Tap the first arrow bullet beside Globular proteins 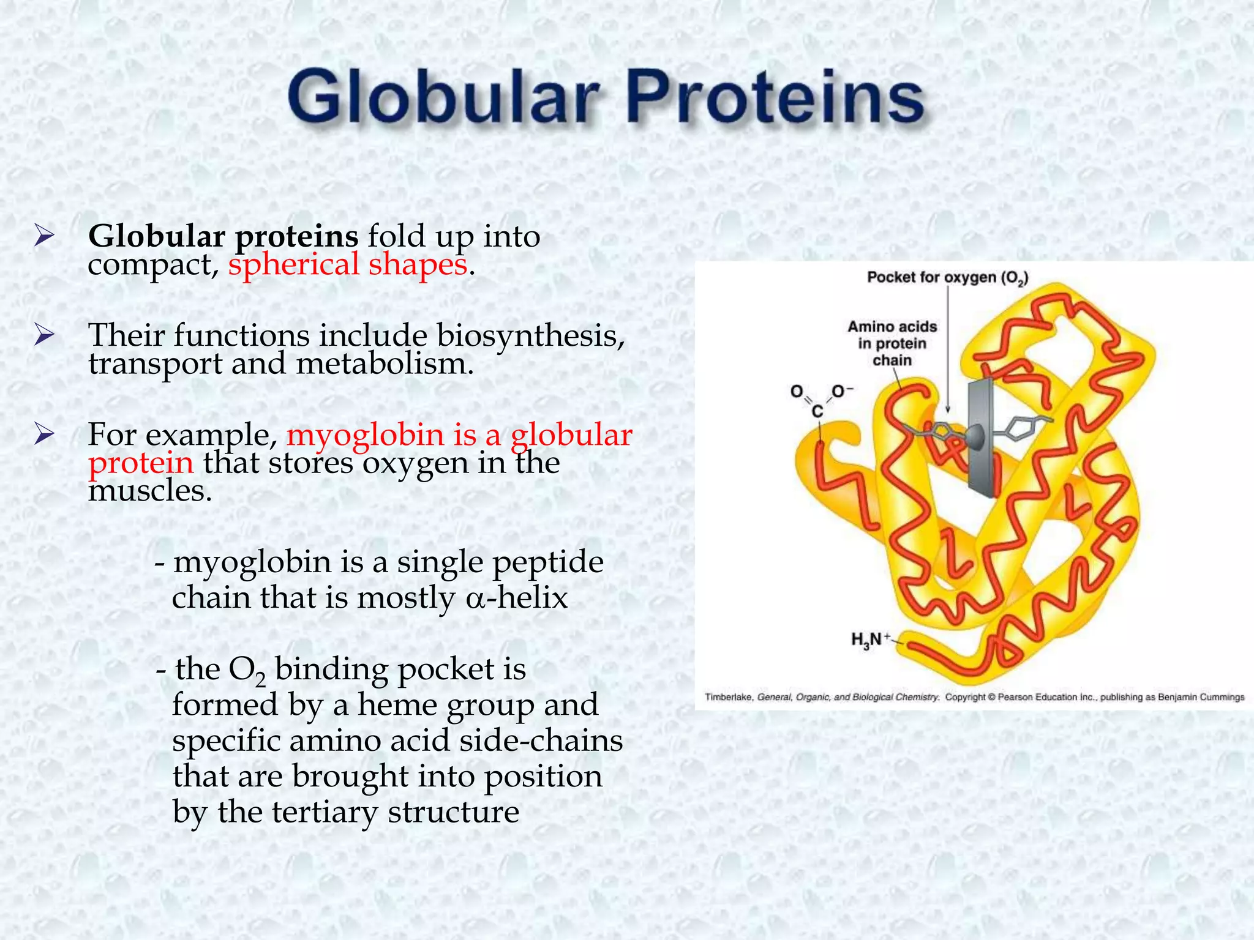point(45,236)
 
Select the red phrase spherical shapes point(347,265)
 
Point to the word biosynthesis point(530,336)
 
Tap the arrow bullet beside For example point(45,435)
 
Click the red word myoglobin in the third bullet point(365,435)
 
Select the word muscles point(149,490)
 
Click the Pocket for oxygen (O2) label point(947,278)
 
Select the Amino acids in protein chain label point(892,343)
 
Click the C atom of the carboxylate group point(817,412)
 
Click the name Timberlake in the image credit point(729,697)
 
